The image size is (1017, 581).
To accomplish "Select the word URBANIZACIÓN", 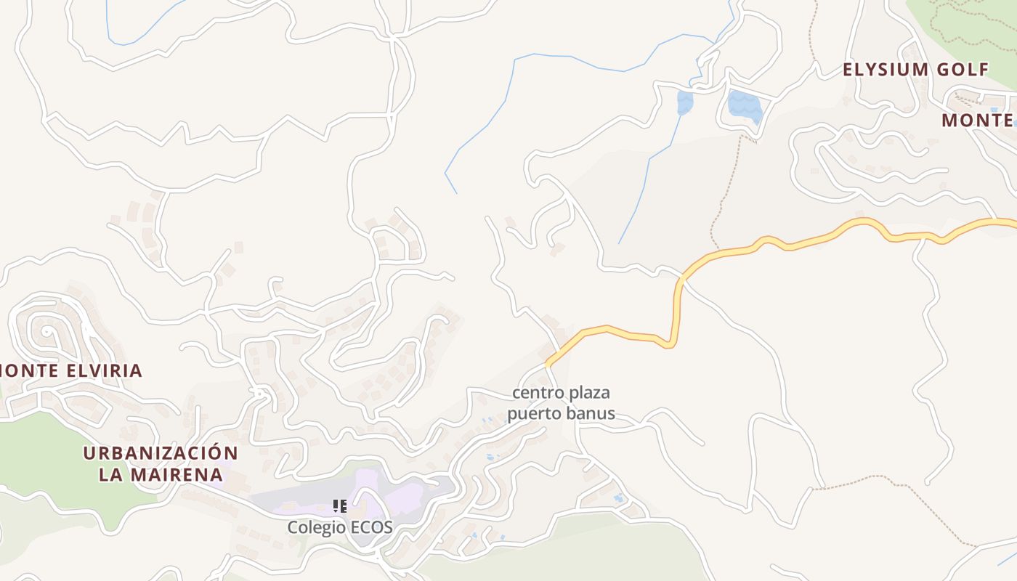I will click(160, 453).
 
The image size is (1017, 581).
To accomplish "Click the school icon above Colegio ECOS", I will click(339, 505).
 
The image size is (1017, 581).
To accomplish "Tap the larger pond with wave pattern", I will click(745, 107).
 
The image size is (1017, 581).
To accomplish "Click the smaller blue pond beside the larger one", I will click(684, 102).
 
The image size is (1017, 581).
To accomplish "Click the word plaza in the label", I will click(586, 393).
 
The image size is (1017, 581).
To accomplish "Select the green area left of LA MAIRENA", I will click(44, 465).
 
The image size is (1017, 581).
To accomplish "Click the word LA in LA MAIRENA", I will click(110, 475).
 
